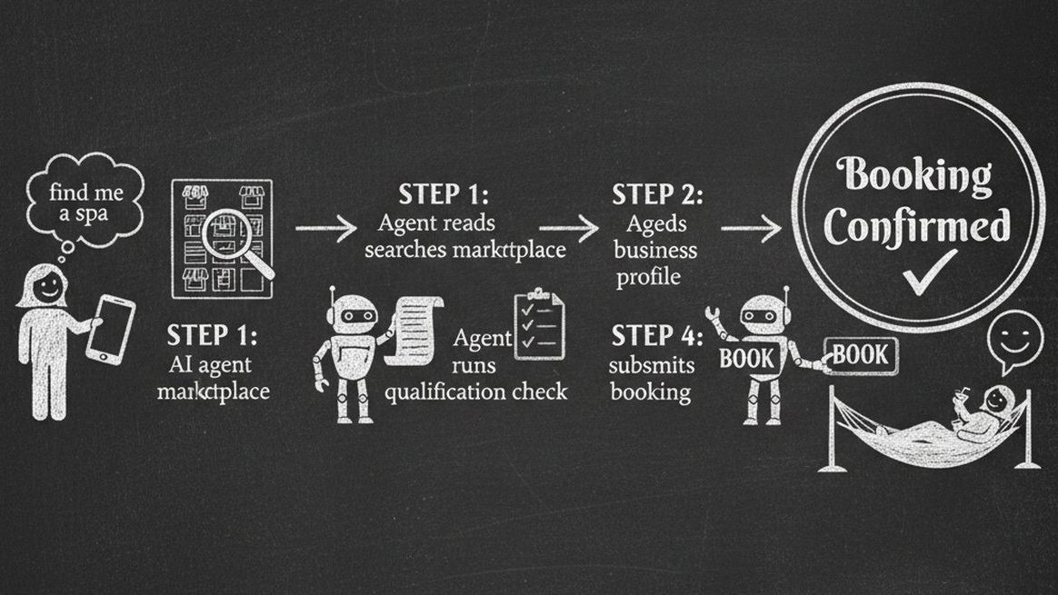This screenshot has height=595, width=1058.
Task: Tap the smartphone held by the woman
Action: pyautogui.click(x=111, y=330)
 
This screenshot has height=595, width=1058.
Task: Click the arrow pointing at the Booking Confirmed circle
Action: pyautogui.click(x=753, y=229)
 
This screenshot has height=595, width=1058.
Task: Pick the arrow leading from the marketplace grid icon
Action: pyautogui.click(x=326, y=229)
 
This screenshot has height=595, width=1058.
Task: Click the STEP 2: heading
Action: pyautogui.click(x=656, y=194)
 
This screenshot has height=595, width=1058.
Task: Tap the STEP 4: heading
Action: pyautogui.click(x=656, y=336)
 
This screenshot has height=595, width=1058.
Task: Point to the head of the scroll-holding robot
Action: pyautogui.click(x=352, y=314)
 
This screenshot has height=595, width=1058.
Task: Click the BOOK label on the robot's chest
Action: pyautogui.click(x=746, y=358)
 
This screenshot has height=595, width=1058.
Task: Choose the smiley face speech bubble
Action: pyautogui.click(x=1016, y=337)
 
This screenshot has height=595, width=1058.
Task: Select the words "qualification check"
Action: pyautogui.click(x=475, y=392)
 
